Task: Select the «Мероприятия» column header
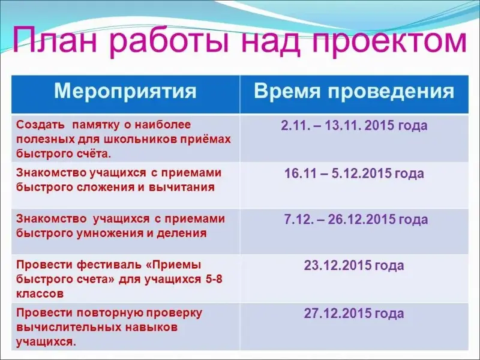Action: click(x=125, y=92)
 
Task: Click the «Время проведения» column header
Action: click(x=354, y=92)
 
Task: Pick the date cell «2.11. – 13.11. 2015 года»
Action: click(x=354, y=125)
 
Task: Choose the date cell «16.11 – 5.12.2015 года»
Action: click(x=354, y=173)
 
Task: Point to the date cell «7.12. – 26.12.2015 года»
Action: click(x=356, y=220)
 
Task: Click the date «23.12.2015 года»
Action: click(x=354, y=265)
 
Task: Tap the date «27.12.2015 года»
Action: click(x=354, y=313)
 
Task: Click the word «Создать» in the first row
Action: click(x=40, y=125)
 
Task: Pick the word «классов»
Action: click(x=40, y=294)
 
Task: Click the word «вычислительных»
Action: click(x=68, y=328)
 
